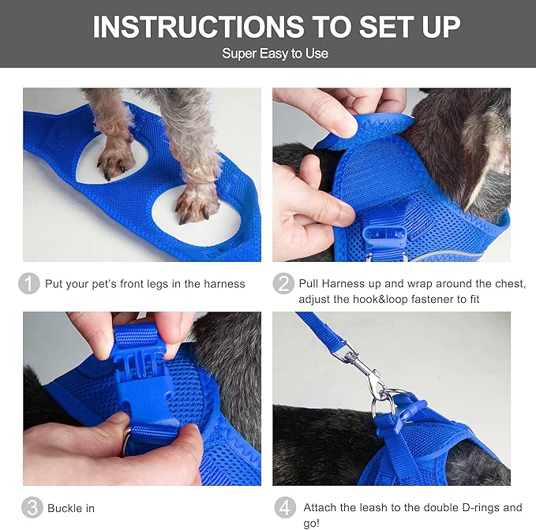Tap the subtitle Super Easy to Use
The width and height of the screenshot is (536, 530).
(x=275, y=54)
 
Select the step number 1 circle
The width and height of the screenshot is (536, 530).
(x=29, y=284)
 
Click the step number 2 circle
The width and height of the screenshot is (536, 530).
(x=283, y=284)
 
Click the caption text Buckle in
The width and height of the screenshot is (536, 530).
(x=71, y=508)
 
